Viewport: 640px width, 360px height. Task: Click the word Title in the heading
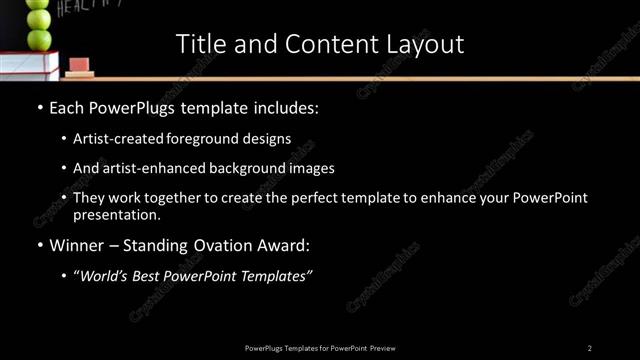point(200,44)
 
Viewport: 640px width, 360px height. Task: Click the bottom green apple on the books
point(39,39)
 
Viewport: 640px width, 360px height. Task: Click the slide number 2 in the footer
point(590,348)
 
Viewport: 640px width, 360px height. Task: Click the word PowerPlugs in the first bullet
point(136,105)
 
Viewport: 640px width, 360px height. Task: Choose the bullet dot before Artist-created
point(64,138)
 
